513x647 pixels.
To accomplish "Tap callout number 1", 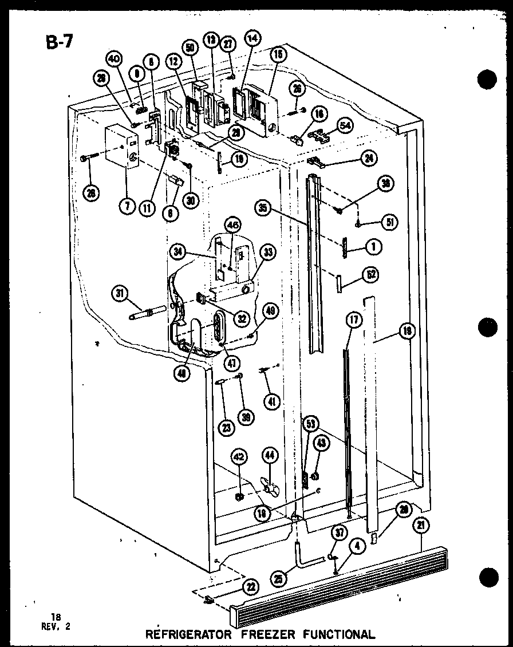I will (373, 246).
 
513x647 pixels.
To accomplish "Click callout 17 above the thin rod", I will (353, 320).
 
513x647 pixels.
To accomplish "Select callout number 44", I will (270, 456).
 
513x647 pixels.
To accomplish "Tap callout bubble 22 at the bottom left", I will (250, 587).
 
